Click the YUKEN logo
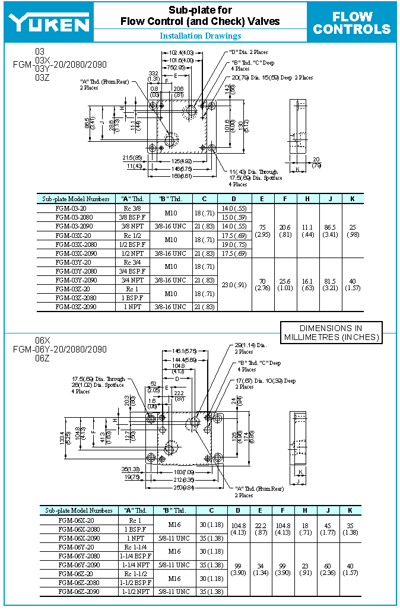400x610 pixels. coord(49,23)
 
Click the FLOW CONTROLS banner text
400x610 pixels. coord(352,23)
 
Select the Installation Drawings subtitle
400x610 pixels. coord(200,36)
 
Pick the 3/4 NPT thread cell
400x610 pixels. coord(133,280)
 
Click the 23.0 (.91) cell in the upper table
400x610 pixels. coord(234,284)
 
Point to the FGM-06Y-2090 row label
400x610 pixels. coord(80,565)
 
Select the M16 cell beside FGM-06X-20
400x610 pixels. coord(174,524)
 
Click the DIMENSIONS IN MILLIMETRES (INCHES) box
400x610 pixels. coord(331,332)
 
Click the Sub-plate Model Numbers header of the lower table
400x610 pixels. coord(78,510)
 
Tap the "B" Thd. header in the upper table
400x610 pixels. coord(170,199)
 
